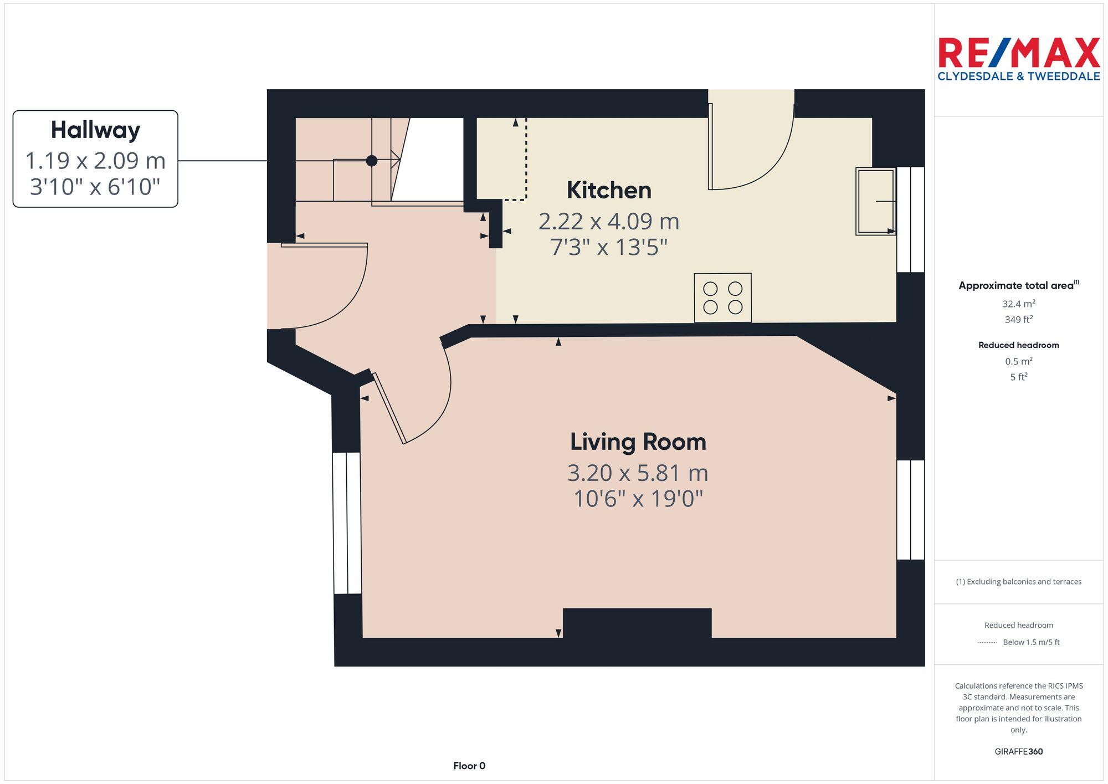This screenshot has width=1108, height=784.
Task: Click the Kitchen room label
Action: coord(608,191)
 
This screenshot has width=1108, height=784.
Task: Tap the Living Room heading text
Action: coord(638,442)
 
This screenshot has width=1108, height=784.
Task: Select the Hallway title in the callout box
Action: coord(95,130)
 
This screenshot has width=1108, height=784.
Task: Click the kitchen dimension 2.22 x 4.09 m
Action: coord(608,222)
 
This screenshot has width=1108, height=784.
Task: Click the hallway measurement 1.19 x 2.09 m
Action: coord(95,161)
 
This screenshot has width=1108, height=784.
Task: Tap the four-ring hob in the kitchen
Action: coord(722,298)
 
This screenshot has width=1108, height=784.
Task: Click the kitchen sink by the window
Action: coord(875,201)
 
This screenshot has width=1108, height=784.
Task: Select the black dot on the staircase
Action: coord(372,161)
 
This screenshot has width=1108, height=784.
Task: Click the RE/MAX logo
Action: coord(1018,53)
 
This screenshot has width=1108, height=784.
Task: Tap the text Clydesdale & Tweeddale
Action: coord(1018,76)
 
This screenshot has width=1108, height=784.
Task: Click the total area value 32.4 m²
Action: coord(1018,304)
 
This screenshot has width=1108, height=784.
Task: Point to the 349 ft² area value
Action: coord(1018,320)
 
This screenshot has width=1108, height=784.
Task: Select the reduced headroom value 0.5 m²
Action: coord(1018,361)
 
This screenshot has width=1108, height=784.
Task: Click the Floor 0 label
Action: coord(469,766)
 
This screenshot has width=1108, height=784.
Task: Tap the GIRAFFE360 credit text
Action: coord(1018,752)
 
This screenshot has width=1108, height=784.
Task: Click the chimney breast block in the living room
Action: coord(637,623)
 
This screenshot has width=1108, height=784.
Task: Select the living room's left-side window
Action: coord(347,523)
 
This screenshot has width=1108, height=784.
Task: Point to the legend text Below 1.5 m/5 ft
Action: coord(1030,642)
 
